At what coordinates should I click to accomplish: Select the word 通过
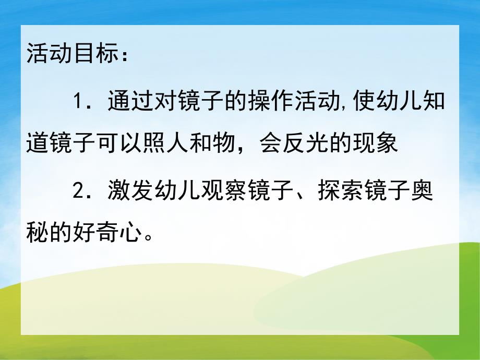pos(124,101)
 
